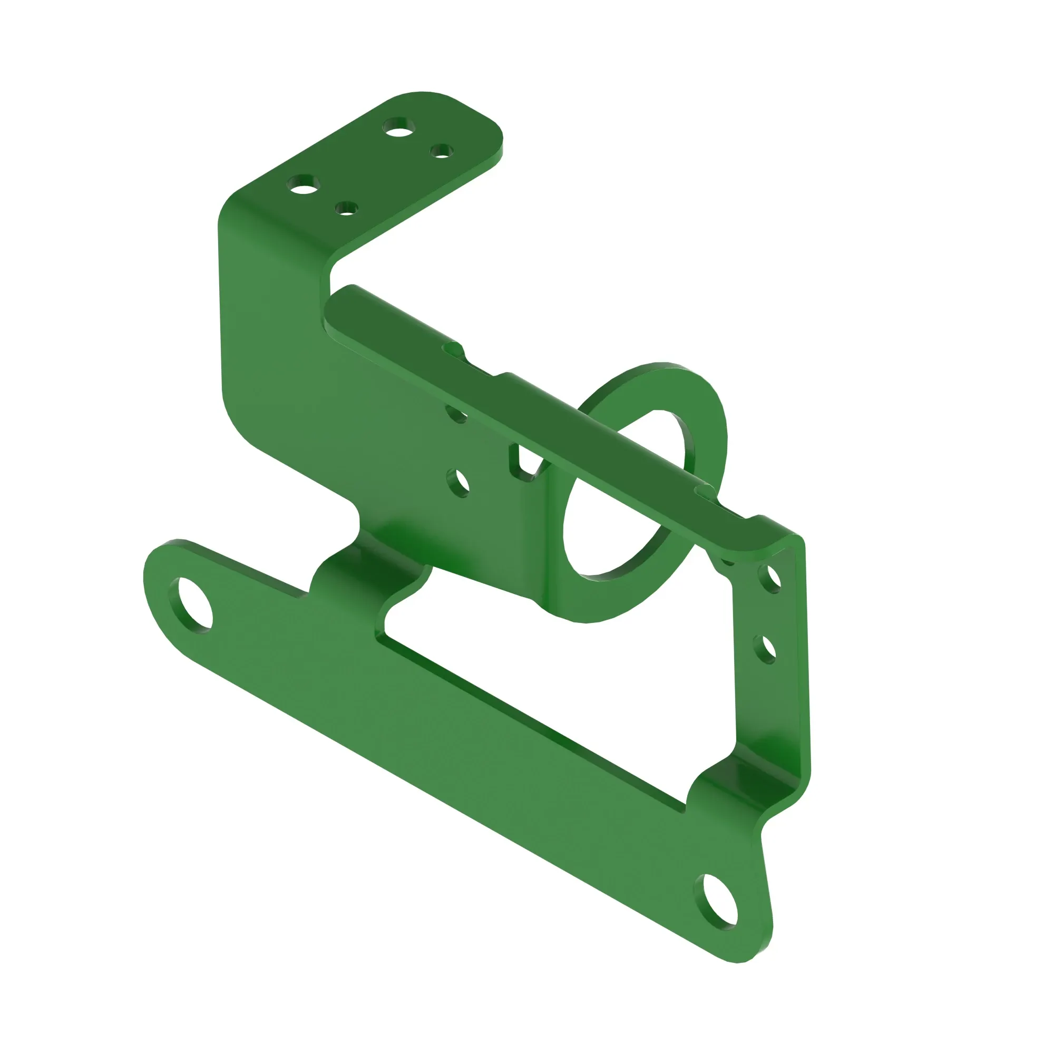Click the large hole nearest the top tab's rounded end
[399, 128]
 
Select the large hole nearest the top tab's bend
[304, 184]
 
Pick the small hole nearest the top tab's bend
[346, 209]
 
